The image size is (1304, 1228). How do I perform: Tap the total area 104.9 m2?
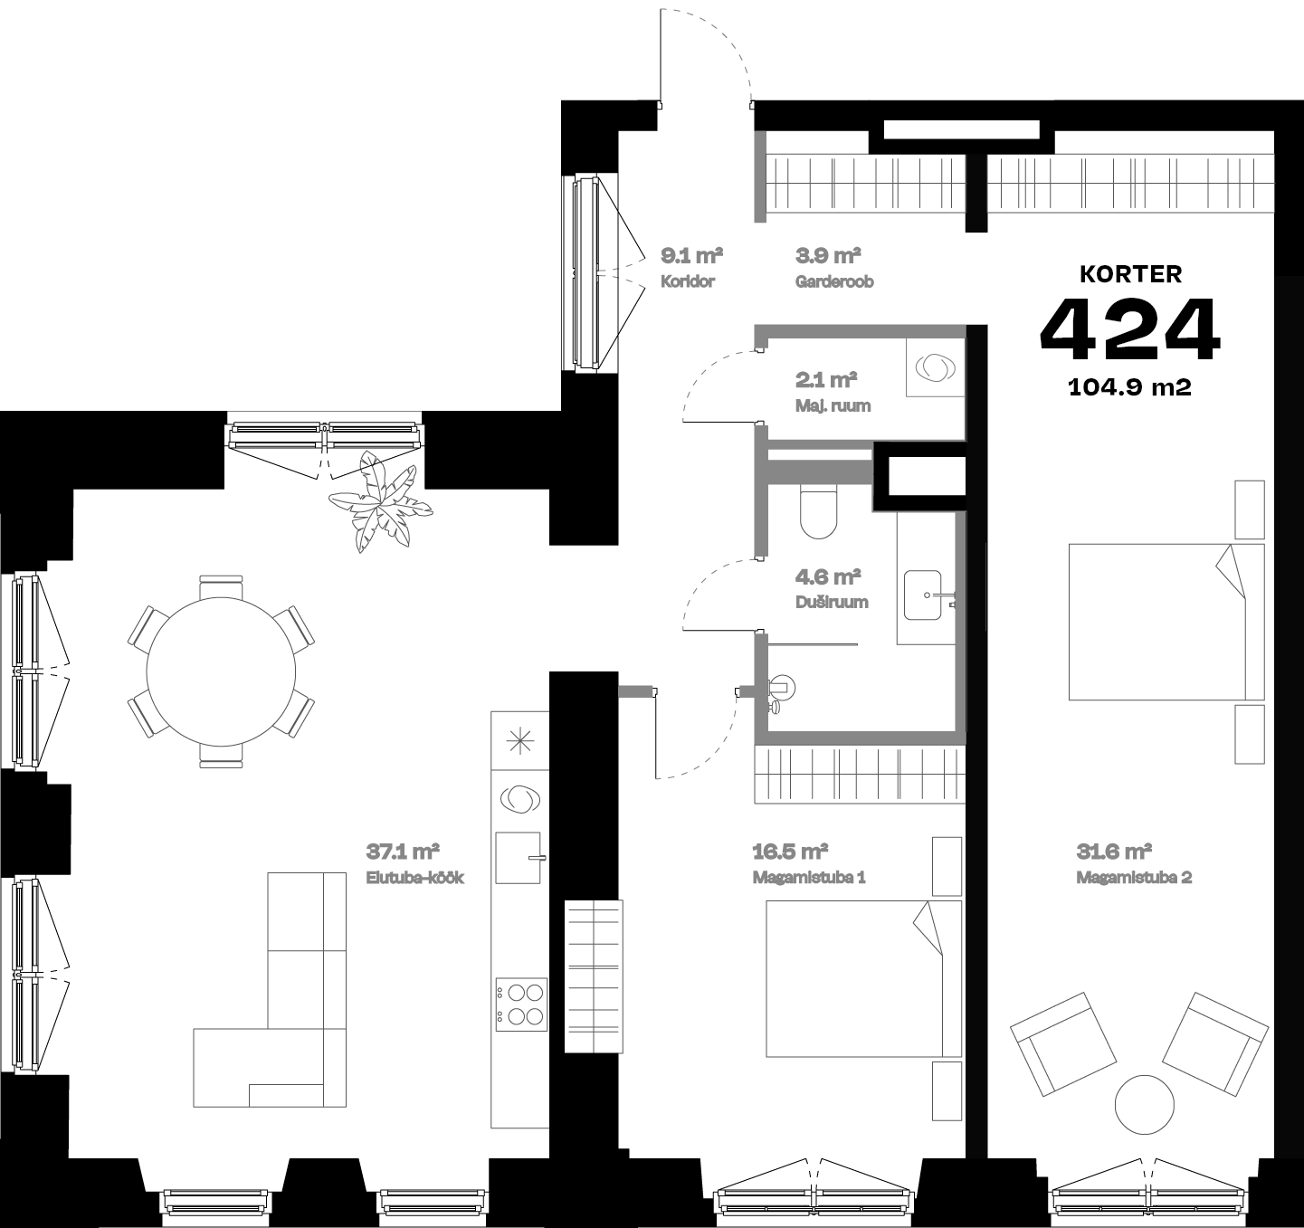tap(1129, 387)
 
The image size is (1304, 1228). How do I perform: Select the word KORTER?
tap(1130, 274)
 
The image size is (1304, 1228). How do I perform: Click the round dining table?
tap(221, 671)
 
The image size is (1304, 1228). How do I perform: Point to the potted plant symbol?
tap(380, 504)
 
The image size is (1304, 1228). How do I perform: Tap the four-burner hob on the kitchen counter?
tap(520, 1004)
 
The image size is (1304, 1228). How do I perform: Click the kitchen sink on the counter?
tap(519, 857)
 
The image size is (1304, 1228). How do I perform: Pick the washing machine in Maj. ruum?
tap(935, 368)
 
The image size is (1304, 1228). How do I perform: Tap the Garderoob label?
tap(834, 281)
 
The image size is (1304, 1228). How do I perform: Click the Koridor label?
tap(688, 281)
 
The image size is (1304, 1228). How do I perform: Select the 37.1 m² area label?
tap(403, 852)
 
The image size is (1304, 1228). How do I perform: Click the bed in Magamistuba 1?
tap(862, 978)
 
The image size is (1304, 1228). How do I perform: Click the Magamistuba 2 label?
tap(1134, 877)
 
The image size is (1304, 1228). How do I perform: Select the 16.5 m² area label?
tap(791, 852)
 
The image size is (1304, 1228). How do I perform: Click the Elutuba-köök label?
tap(414, 877)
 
